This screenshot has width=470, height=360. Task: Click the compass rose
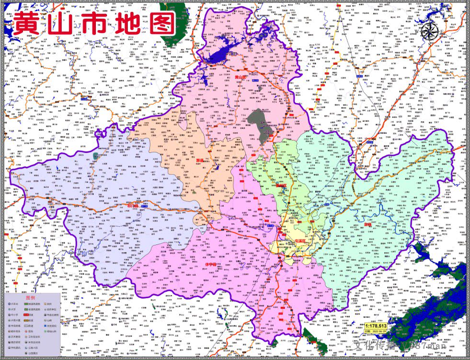point(430,32)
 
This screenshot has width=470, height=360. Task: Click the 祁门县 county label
point(133,206)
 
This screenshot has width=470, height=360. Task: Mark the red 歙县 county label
point(367,223)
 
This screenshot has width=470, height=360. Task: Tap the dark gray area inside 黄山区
point(261,124)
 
